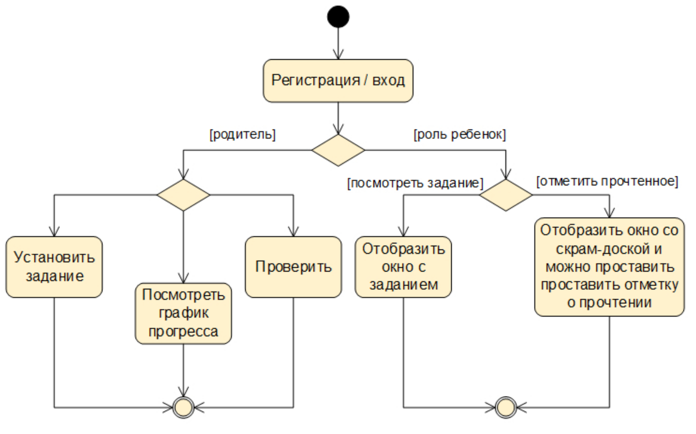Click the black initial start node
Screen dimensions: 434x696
coord(338,17)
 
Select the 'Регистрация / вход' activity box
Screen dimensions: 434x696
coord(338,80)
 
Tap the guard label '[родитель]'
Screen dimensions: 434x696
coord(242,134)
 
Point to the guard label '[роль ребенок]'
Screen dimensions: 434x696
coord(460,134)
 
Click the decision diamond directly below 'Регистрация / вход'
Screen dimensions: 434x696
coord(338,150)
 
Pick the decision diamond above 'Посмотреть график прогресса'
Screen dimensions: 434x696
coord(183,195)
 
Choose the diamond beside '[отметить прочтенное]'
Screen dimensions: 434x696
coord(506,195)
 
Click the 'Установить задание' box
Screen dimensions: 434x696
coord(54,267)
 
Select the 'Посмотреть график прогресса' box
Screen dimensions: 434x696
coord(183,313)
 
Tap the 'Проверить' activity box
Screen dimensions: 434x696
coord(293,267)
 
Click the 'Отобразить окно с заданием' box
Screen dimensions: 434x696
coord(403,267)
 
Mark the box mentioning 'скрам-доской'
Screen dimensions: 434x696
coord(609,267)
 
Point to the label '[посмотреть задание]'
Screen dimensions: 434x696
coord(415,183)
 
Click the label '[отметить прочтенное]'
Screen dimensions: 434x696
coord(607,181)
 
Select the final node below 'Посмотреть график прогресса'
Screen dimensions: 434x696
coord(183,407)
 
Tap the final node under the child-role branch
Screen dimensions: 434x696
coord(506,407)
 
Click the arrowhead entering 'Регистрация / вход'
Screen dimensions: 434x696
coord(338,55)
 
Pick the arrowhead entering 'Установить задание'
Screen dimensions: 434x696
coord(54,232)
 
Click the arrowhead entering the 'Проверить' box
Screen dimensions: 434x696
coord(293,232)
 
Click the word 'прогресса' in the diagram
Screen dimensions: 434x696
coord(183,332)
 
